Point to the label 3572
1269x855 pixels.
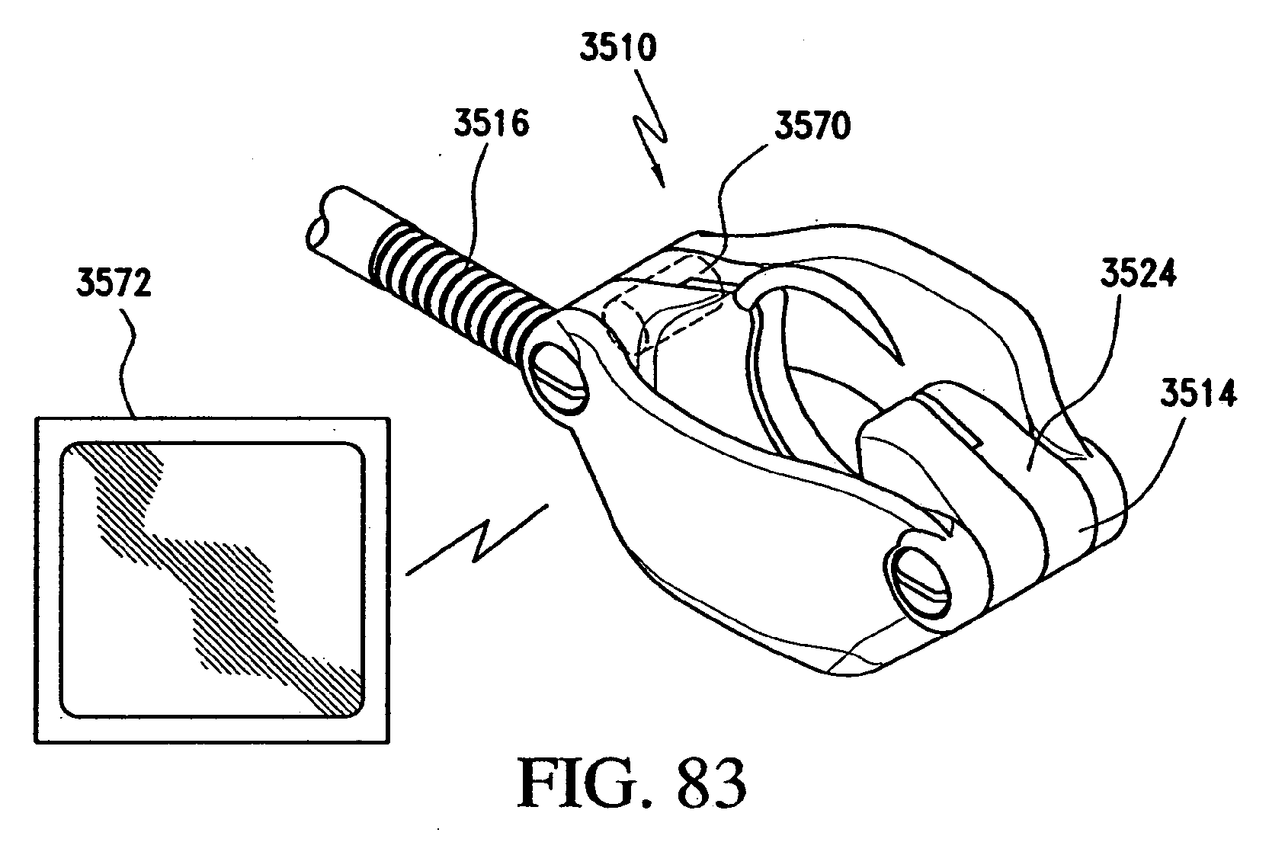coord(114,284)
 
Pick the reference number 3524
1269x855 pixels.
coord(1138,273)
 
